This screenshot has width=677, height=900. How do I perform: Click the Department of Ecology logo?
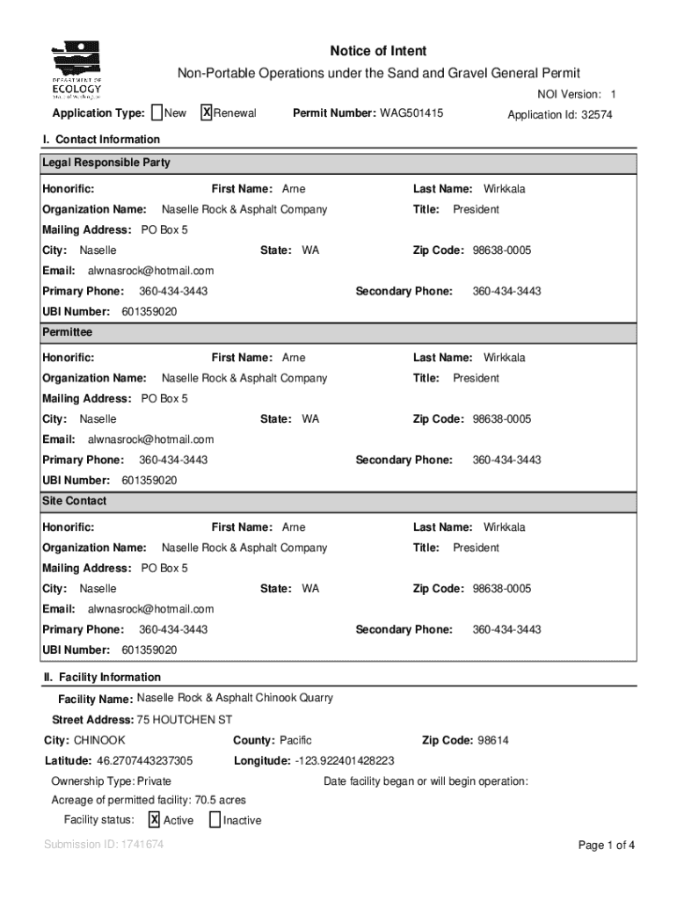point(77,71)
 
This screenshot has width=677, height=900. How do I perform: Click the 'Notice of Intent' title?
point(378,52)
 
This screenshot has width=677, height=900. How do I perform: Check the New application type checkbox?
point(157,113)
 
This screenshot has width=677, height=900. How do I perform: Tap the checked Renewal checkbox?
point(206,113)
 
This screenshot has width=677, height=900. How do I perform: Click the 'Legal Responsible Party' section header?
point(106,163)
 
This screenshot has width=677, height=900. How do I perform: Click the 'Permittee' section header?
point(67,333)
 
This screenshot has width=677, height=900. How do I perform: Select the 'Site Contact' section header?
point(75,501)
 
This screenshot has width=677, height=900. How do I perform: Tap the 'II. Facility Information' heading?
point(102,678)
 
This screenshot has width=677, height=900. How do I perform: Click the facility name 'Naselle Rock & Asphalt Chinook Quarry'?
point(235,699)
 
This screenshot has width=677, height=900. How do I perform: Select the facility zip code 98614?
point(492,741)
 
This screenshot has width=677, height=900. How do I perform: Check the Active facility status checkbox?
point(154,820)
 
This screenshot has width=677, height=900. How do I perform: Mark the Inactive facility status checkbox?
point(215,820)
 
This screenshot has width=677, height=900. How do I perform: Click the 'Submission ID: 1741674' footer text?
point(104,846)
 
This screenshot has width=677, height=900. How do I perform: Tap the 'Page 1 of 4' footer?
point(606,846)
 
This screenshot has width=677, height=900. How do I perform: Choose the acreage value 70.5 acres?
point(219,801)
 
